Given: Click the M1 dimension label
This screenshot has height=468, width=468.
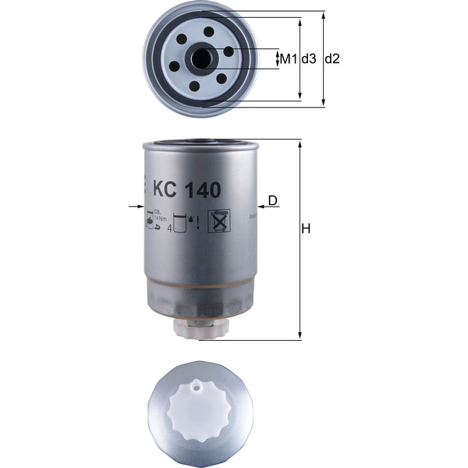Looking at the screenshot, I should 289,59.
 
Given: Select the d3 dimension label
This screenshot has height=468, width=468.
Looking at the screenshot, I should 309,59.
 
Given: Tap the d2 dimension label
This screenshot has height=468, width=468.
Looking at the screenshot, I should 332,59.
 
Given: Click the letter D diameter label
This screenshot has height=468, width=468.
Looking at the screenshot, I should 272,200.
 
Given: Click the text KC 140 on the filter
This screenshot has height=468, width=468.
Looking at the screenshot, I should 188,189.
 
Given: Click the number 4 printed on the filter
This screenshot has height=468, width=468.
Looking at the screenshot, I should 169,229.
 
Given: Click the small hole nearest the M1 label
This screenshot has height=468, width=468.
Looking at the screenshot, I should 229,51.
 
